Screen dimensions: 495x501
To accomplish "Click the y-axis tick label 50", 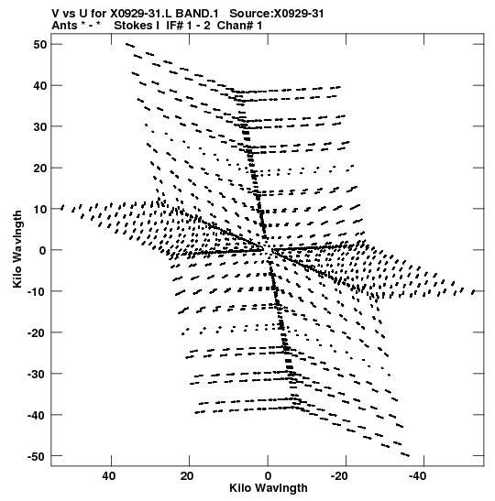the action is coord(39,45).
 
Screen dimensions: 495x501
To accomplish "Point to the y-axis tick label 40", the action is coord(39,85).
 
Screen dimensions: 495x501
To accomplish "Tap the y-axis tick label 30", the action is coord(39,126).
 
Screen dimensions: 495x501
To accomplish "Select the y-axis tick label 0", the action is coord(43,250).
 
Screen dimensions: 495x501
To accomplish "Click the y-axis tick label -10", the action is coord(37,291).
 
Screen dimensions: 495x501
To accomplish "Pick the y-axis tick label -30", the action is coord(37,374).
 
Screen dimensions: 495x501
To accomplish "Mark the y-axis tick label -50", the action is coord(37,456).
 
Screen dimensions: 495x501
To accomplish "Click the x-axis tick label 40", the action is coord(109,476).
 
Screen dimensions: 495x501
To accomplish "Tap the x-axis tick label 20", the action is coord(187,476).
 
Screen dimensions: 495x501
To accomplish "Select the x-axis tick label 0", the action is coord(268,476).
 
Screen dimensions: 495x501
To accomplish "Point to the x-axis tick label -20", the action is coord(339,476).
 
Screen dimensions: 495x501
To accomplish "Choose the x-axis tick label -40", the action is coord(417,476).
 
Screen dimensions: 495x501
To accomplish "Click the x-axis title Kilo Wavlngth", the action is coord(269,488).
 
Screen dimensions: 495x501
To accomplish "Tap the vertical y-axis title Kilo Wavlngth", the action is coord(17,249).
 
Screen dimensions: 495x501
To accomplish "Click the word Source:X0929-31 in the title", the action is coord(277,14).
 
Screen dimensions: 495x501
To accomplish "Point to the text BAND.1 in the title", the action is coord(197,14).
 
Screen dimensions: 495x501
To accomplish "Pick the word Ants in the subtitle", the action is coord(64,26).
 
